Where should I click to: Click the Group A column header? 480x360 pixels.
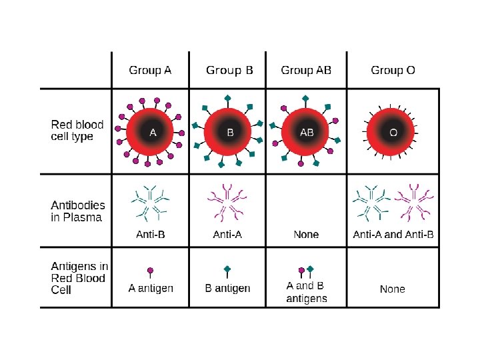coord(150,70)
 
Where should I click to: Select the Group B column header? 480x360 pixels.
coord(230,70)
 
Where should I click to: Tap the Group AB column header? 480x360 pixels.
coord(307,70)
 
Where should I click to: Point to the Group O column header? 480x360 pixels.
coord(393,70)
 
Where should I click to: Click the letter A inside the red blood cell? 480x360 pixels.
coord(153,133)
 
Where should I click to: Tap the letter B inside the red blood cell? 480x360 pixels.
coord(230,133)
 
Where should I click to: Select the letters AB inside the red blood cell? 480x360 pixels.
coord(307,133)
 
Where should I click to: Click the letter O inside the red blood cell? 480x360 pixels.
coord(393,133)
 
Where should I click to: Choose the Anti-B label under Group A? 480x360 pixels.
coord(150,235)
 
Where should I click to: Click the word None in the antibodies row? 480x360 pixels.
coord(307,235)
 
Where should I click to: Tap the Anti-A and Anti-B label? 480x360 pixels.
coord(393,235)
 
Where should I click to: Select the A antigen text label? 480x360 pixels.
coord(151,288)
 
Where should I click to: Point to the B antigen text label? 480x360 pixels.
coord(228,288)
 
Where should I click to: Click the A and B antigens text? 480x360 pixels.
coord(307,292)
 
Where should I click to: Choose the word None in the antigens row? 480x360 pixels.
coord(393,289)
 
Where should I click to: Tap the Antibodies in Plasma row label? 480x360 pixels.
coord(78,211)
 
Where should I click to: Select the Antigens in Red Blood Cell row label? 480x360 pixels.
coord(79,278)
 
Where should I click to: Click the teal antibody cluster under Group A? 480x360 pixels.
coord(150,200)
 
